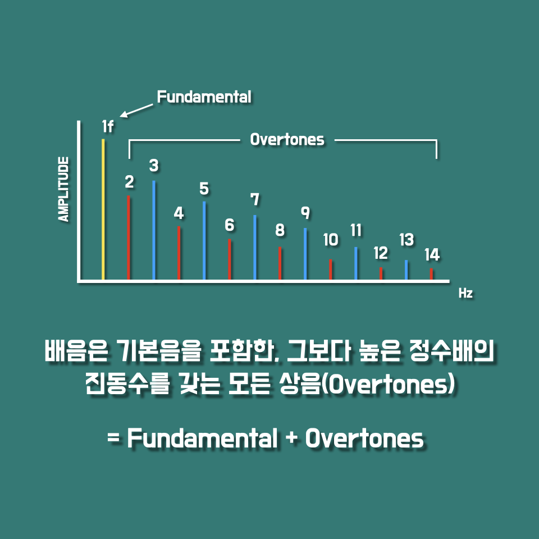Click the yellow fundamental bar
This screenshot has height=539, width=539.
pyautogui.click(x=103, y=209)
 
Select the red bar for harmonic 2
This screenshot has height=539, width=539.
pyautogui.click(x=129, y=237)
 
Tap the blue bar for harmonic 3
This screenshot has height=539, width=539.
pyautogui.click(x=154, y=230)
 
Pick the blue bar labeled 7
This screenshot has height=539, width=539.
pyautogui.click(x=255, y=247)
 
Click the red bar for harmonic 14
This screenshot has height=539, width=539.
pyautogui.click(x=431, y=274)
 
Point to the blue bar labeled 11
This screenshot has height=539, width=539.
pyautogui.click(x=356, y=263)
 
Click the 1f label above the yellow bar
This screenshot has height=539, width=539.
pyautogui.click(x=108, y=126)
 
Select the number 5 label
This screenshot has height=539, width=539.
pyautogui.click(x=204, y=189)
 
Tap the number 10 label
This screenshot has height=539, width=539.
pyautogui.click(x=331, y=240)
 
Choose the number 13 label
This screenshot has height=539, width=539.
pyautogui.click(x=406, y=240)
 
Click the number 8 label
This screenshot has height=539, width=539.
pyautogui.click(x=280, y=230)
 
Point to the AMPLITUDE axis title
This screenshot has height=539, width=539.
pyautogui.click(x=63, y=189)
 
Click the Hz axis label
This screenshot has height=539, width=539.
pyautogui.click(x=466, y=293)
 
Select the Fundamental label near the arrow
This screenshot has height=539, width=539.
pyautogui.click(x=204, y=97)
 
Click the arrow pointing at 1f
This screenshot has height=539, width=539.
pyautogui.click(x=136, y=111)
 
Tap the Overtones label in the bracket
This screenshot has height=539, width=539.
pyautogui.click(x=287, y=140)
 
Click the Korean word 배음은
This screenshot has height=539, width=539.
pyautogui.click(x=76, y=350)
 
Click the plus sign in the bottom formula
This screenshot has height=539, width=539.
pyautogui.click(x=291, y=439)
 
